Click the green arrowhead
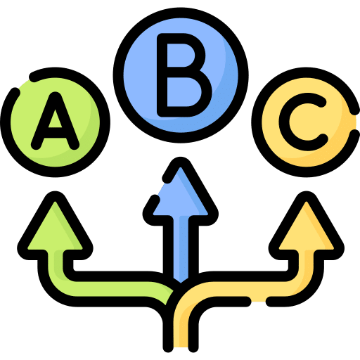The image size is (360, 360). coord(55,226)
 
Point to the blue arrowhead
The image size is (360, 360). coord(181,192)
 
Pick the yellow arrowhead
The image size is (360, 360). coord(307,226)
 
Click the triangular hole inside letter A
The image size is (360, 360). coord(55,120)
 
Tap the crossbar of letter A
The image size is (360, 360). coord(55,133)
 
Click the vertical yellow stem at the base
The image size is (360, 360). coord(181,328)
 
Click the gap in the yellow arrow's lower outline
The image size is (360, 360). coord(259,302)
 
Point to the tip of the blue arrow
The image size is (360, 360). coord(181,162)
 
